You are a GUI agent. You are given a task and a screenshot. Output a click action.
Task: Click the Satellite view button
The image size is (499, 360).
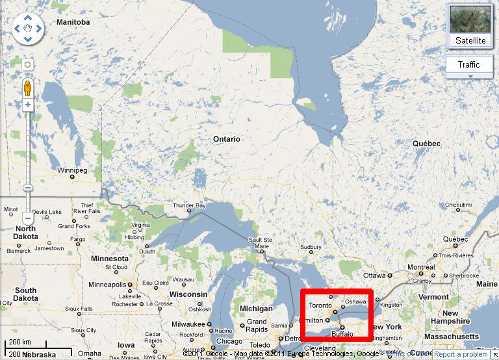470,26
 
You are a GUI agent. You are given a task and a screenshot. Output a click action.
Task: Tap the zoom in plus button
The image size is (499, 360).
28,105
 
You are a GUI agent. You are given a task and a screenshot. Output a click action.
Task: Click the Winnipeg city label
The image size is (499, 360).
71,170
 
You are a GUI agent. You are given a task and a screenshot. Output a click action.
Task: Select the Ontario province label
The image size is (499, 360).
227,139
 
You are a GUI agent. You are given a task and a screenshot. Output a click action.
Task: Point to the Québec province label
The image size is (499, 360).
427,144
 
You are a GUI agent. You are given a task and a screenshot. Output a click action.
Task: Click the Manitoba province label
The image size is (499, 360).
73,22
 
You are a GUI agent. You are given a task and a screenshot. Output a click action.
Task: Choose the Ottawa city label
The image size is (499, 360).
374,275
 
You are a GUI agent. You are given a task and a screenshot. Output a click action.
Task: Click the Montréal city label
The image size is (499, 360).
421,268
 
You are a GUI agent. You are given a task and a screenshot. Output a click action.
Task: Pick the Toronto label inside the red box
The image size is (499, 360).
320,305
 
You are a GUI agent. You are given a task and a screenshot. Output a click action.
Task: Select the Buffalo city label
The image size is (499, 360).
342,333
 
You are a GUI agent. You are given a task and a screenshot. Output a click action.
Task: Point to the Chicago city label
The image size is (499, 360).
229,341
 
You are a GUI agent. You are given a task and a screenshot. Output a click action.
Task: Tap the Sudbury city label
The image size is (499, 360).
311,247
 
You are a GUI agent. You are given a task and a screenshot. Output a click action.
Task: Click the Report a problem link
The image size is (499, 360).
461,354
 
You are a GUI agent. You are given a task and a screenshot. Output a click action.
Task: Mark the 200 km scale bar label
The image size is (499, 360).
20,342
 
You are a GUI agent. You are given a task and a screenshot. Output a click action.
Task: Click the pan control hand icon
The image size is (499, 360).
27,29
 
